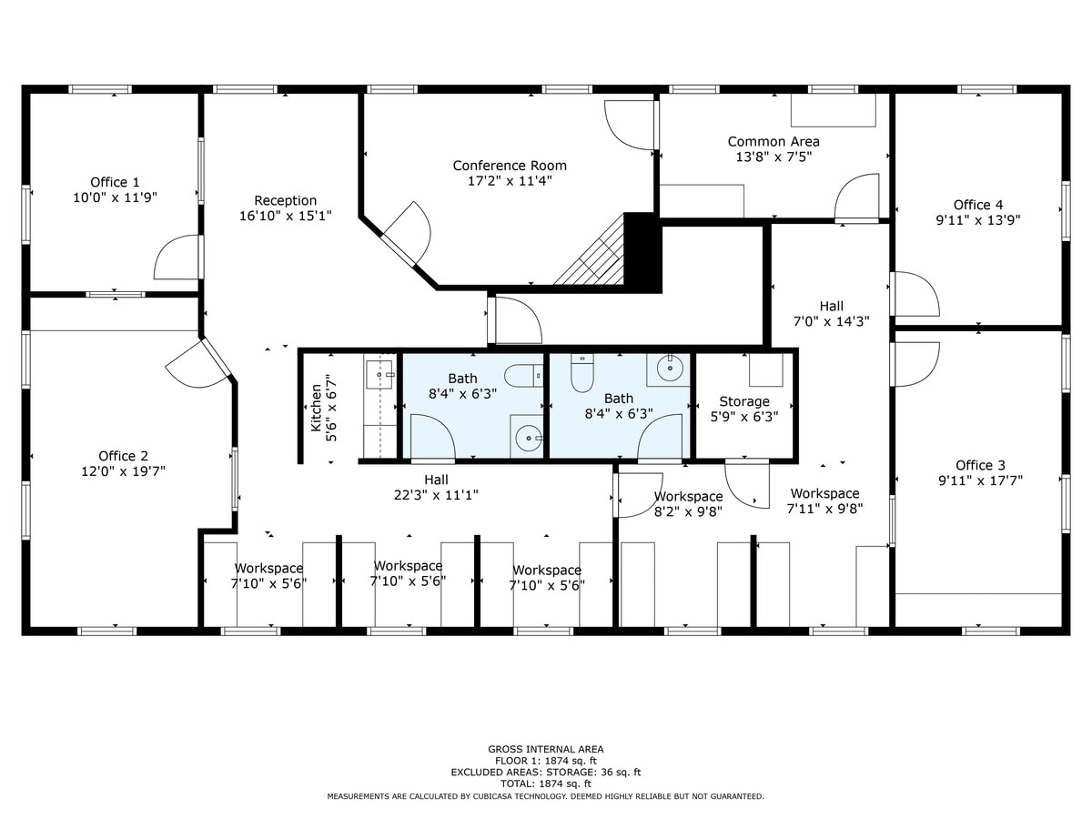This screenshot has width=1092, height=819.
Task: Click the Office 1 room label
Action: [115, 182]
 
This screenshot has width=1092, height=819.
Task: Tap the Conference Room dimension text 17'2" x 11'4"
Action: [510, 181]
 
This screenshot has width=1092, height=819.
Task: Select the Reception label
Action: [285, 200]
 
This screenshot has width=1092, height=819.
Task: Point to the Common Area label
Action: [773, 141]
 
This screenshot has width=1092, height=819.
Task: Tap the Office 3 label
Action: [980, 465]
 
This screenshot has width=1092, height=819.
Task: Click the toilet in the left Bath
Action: [522, 375]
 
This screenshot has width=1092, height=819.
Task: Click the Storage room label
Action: [744, 401]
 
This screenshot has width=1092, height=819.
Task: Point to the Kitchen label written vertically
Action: [316, 407]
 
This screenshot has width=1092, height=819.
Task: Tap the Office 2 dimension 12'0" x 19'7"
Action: [124, 471]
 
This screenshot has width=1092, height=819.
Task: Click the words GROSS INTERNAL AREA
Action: [545, 749]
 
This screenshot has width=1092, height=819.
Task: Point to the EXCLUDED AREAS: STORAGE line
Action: [545, 772]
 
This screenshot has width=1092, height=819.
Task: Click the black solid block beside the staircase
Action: [642, 252]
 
